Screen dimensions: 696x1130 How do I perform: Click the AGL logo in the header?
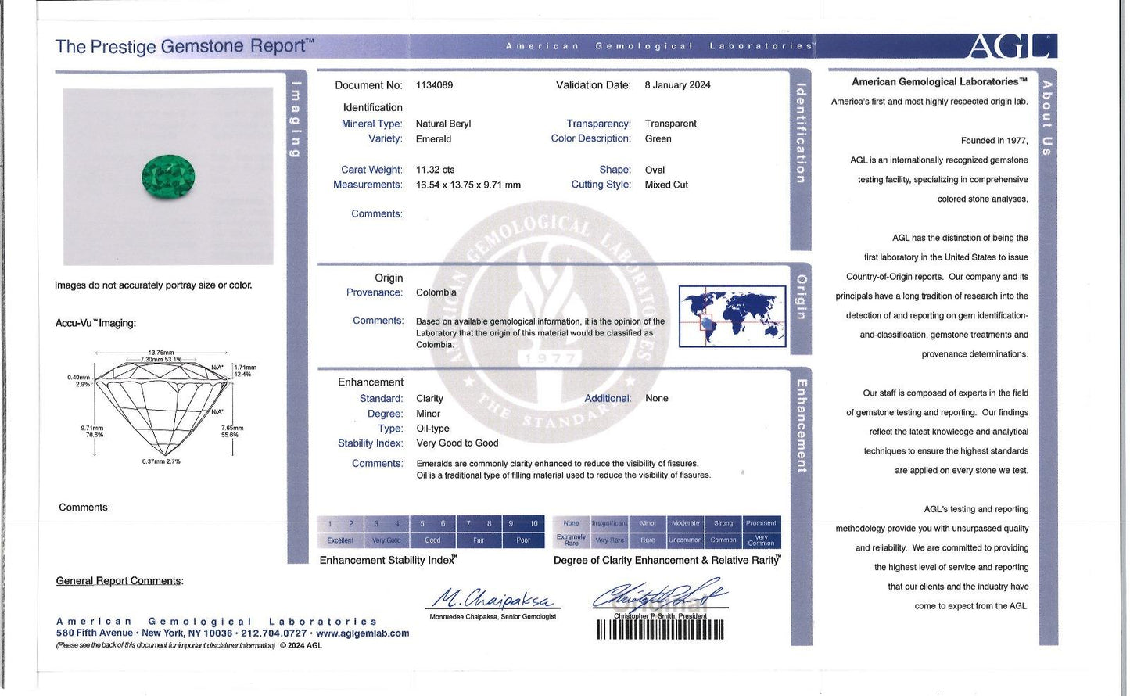tap(1012, 46)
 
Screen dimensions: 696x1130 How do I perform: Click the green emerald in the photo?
tap(168, 177)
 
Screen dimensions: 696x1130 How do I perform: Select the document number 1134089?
tap(434, 85)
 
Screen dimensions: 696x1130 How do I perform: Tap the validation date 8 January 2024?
tap(677, 85)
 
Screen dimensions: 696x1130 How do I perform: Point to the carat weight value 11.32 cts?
tap(435, 170)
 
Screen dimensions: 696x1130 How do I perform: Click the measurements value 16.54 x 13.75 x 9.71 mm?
tap(468, 185)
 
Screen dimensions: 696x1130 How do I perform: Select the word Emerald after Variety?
tap(433, 139)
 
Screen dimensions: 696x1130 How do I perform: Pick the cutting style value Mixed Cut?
tap(666, 185)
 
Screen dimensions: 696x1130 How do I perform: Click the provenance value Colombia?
tap(436, 292)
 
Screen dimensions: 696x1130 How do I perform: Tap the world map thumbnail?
tap(732, 316)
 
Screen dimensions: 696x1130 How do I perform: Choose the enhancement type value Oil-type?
tap(432, 429)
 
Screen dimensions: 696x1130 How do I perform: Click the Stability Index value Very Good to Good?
tap(457, 443)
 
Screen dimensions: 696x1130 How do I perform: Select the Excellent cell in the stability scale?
tap(340, 540)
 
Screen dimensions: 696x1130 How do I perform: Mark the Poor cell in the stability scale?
tap(523, 540)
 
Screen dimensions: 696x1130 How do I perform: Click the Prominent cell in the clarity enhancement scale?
tap(761, 523)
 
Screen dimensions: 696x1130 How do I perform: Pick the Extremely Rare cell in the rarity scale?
tap(571, 540)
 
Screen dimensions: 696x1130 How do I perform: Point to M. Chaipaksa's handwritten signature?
tap(493, 599)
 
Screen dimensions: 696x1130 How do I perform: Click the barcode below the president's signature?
tap(660, 630)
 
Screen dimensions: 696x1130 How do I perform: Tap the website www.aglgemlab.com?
tap(362, 633)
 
